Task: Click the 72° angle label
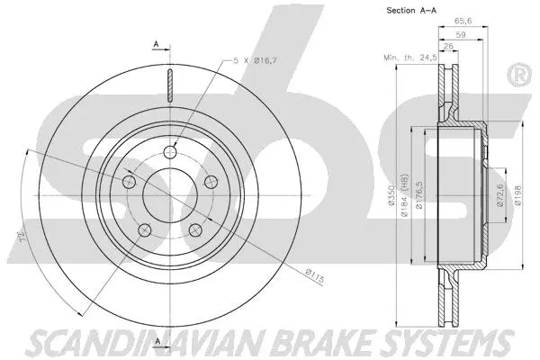point(17,237)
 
